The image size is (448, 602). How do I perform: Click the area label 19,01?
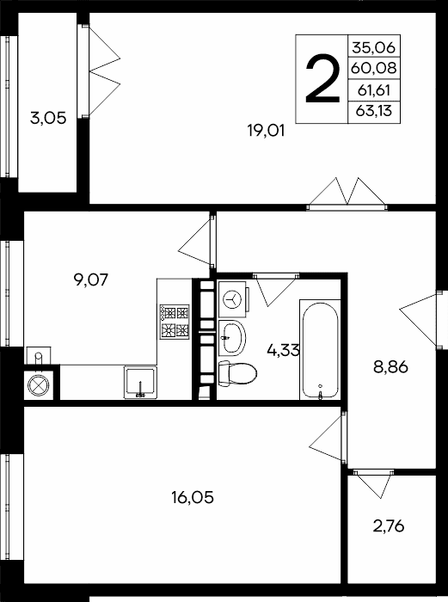266,131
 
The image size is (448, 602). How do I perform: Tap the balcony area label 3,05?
48,118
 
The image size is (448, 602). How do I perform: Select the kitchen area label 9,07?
91,279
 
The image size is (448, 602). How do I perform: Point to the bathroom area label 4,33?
283,350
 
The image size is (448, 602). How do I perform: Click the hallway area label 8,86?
390,366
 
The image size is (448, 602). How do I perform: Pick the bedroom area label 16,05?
193,498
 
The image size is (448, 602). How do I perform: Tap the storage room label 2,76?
389,526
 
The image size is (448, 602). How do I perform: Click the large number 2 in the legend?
322,79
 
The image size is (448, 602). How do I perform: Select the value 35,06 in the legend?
373,47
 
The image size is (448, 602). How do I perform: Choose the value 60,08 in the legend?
373,68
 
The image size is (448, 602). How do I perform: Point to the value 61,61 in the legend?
374,90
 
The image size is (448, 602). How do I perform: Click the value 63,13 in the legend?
374,111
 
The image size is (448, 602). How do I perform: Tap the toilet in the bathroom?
237,373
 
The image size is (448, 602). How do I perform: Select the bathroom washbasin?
232,338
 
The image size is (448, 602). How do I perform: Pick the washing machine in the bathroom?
233,299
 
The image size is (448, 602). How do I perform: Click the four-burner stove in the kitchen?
175,322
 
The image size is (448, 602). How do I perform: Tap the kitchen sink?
140,382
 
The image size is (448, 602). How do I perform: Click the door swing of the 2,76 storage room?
373,484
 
